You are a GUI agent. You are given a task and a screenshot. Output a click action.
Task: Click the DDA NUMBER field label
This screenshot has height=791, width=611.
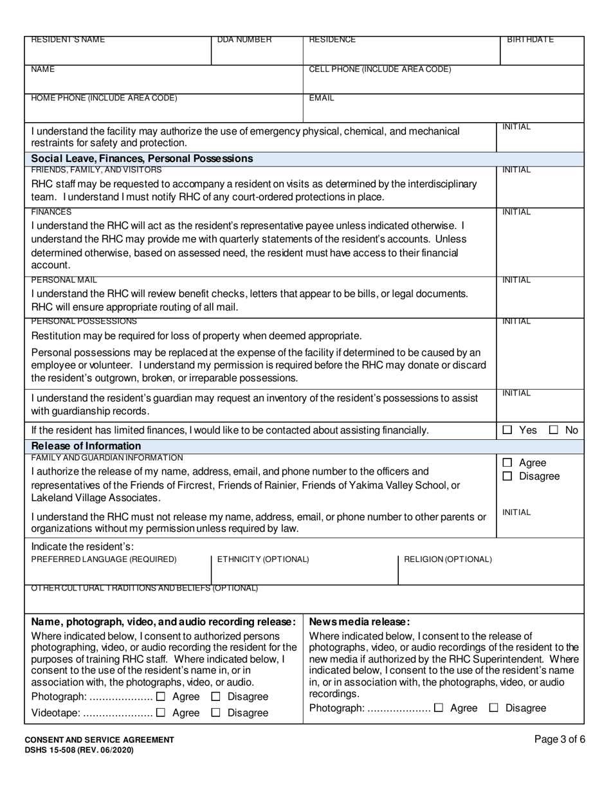coord(244,41)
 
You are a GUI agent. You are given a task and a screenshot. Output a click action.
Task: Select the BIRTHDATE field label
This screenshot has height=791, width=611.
coord(530,41)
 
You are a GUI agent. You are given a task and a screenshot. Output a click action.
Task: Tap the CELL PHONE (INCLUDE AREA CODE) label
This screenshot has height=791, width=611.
coord(380,69)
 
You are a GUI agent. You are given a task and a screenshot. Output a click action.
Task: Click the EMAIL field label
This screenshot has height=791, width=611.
coord(322,98)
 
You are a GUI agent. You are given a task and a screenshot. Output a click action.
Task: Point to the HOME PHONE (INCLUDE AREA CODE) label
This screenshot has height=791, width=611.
coord(104,98)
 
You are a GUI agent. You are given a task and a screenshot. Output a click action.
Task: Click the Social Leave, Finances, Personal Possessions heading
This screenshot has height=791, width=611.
coord(142,158)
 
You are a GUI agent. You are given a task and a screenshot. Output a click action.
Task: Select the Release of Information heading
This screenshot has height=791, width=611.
coord(86,446)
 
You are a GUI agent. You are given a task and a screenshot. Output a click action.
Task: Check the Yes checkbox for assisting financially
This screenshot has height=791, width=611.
coord(507,430)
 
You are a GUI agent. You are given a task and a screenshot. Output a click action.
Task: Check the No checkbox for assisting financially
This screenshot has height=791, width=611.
coord(553,430)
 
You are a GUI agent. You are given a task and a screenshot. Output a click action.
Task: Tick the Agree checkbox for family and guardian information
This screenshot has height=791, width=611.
coord(507,462)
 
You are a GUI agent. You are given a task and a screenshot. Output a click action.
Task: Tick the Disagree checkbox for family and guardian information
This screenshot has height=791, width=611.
coord(507,477)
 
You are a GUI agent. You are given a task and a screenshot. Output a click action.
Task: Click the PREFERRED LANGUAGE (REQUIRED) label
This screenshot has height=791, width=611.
coord(104,559)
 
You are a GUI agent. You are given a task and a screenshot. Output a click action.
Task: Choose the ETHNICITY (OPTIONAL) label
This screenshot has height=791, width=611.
coord(263,559)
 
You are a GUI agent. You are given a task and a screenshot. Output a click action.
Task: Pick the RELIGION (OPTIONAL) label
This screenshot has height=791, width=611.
coord(448,559)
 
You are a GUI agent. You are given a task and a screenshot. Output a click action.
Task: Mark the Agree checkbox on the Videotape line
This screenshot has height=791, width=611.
coord(161,713)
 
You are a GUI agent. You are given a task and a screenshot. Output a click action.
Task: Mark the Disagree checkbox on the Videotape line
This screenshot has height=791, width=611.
coord(216,713)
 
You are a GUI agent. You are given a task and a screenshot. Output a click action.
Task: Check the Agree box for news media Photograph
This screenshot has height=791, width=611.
coord(439,708)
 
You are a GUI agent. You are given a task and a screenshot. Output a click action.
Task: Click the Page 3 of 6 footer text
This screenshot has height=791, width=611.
coord(560,739)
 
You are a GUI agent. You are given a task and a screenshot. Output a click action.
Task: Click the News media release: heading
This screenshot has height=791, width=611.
coord(360,622)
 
